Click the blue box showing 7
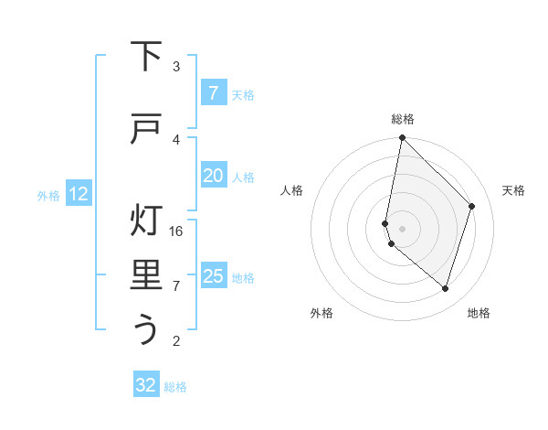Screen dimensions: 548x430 tap(213, 93)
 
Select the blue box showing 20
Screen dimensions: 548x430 tap(213, 176)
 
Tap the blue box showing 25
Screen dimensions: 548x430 tap(213, 276)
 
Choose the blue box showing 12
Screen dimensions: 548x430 tap(78, 194)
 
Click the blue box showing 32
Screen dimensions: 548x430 tap(146, 385)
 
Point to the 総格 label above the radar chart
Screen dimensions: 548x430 tap(403, 119)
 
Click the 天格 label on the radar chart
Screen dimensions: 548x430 tap(513, 190)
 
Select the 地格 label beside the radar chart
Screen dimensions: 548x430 tap(479, 314)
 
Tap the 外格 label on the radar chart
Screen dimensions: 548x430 tap(321, 314)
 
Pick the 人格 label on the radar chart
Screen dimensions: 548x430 tap(291, 190)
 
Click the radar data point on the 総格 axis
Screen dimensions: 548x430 tap(402, 138)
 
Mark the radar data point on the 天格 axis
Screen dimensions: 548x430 tap(472, 206)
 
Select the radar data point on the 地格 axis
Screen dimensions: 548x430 tap(445, 288)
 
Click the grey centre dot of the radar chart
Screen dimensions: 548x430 tap(402, 228)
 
